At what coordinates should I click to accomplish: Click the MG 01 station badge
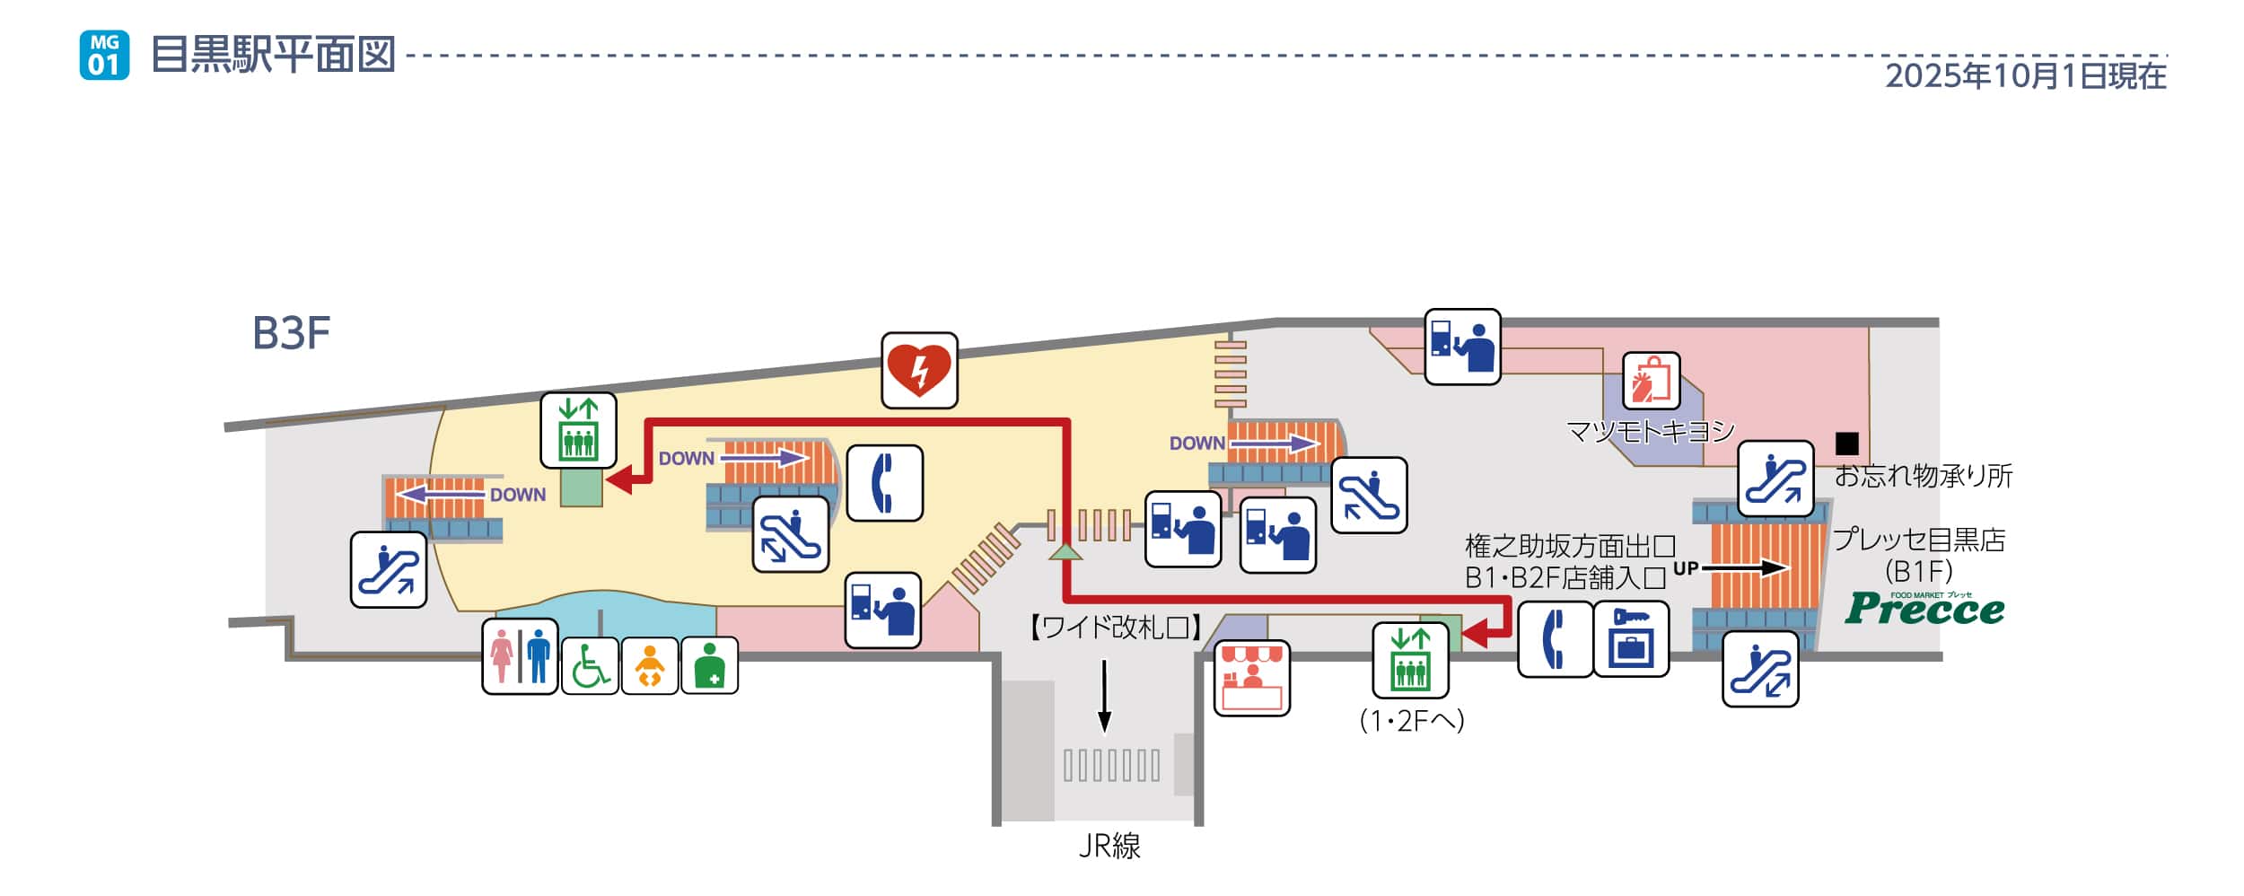point(104,55)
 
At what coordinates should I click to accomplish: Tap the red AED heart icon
point(918,370)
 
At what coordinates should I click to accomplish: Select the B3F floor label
point(291,333)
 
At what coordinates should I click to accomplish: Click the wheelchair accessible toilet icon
point(590,665)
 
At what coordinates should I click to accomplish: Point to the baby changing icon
point(649,665)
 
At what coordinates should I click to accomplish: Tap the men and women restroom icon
point(520,656)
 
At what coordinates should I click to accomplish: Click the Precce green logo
point(1924,609)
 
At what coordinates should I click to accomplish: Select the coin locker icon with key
point(1630,638)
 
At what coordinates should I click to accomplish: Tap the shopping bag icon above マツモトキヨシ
point(1651,381)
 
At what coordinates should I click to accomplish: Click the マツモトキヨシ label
point(1650,432)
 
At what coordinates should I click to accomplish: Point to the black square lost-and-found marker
point(1846,444)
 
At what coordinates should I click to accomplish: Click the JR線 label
point(1109,845)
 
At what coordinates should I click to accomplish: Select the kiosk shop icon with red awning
point(1251,678)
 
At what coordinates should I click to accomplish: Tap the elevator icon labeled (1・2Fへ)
point(1410,660)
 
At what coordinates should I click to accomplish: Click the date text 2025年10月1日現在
point(2026,76)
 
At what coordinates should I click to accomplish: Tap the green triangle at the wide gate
point(1065,551)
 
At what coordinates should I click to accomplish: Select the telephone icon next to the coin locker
point(1555,638)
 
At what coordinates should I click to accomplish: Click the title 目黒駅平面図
point(274,55)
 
